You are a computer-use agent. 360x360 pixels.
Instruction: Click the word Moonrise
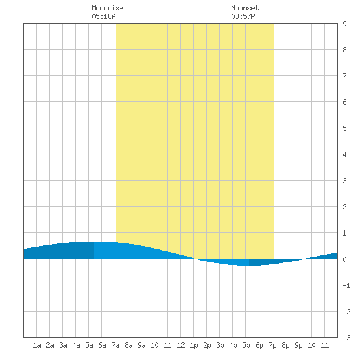(x=107, y=8)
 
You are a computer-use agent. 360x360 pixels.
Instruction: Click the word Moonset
(x=245, y=8)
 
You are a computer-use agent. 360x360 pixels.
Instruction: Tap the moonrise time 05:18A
(x=103, y=16)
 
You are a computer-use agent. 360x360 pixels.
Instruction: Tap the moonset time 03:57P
(x=243, y=16)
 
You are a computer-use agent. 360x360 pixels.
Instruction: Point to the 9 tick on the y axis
(x=344, y=24)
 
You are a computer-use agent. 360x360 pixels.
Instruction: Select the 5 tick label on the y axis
(x=344, y=128)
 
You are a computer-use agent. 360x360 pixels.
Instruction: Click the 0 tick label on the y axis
(x=344, y=259)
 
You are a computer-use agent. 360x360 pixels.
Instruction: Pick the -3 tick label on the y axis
(x=346, y=338)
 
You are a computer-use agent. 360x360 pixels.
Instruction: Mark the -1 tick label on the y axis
(x=346, y=285)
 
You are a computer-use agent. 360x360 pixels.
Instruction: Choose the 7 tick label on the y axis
(x=344, y=76)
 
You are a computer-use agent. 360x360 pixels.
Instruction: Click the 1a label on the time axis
(x=37, y=345)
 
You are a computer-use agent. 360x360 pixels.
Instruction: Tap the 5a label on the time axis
(x=89, y=345)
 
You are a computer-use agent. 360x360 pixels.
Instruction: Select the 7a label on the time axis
(x=115, y=345)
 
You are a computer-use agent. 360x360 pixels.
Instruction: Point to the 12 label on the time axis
(x=181, y=345)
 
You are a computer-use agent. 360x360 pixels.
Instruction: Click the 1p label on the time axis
(x=194, y=345)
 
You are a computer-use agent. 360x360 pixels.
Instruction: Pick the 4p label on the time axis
(x=233, y=345)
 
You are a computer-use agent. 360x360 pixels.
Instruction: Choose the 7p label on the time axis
(x=272, y=345)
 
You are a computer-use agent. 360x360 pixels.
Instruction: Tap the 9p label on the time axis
(x=298, y=345)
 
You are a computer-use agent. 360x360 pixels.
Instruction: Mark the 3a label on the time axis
(x=63, y=345)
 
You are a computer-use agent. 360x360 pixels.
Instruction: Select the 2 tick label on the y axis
(x=344, y=207)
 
